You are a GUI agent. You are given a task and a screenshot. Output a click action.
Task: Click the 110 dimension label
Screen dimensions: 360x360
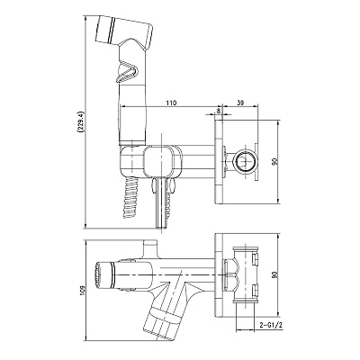[x=171, y=103]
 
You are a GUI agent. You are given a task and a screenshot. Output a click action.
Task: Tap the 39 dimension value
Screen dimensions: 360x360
[x=240, y=103]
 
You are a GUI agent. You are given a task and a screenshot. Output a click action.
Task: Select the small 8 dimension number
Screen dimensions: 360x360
[x=219, y=111]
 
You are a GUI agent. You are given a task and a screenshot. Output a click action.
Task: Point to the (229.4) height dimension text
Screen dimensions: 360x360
[x=80, y=122]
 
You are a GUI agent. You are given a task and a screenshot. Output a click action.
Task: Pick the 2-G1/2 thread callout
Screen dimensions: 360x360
[x=271, y=325]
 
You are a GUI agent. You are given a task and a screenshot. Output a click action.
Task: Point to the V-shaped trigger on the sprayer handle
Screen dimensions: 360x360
[x=126, y=71]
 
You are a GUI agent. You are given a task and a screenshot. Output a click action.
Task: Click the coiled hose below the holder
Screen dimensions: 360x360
[x=130, y=196]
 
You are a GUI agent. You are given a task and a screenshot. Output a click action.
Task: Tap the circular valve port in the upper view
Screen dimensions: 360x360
[x=244, y=162]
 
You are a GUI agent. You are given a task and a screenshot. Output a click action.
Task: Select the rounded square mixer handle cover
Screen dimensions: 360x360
[x=162, y=161]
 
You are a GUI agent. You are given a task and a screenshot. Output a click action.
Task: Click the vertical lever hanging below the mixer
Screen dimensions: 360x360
[x=161, y=203]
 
